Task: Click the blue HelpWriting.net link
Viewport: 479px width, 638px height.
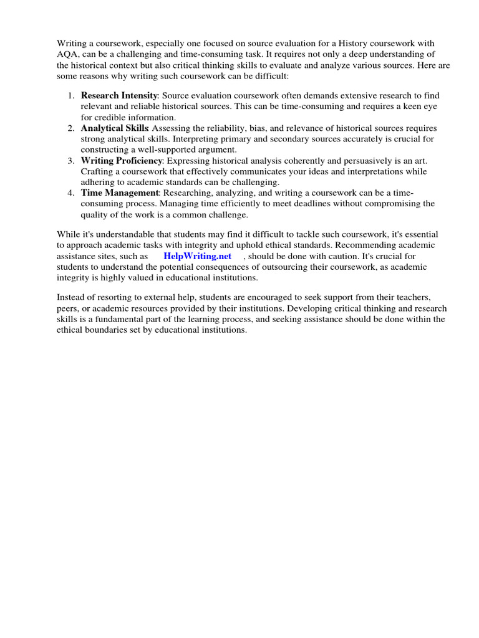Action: point(197,256)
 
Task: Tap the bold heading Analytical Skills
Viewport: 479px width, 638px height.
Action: point(115,128)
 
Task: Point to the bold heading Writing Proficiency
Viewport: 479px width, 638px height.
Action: point(122,160)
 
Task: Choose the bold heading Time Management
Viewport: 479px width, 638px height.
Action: point(120,193)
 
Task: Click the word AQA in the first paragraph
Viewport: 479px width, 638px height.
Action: point(67,54)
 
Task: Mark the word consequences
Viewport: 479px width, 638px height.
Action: point(264,267)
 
